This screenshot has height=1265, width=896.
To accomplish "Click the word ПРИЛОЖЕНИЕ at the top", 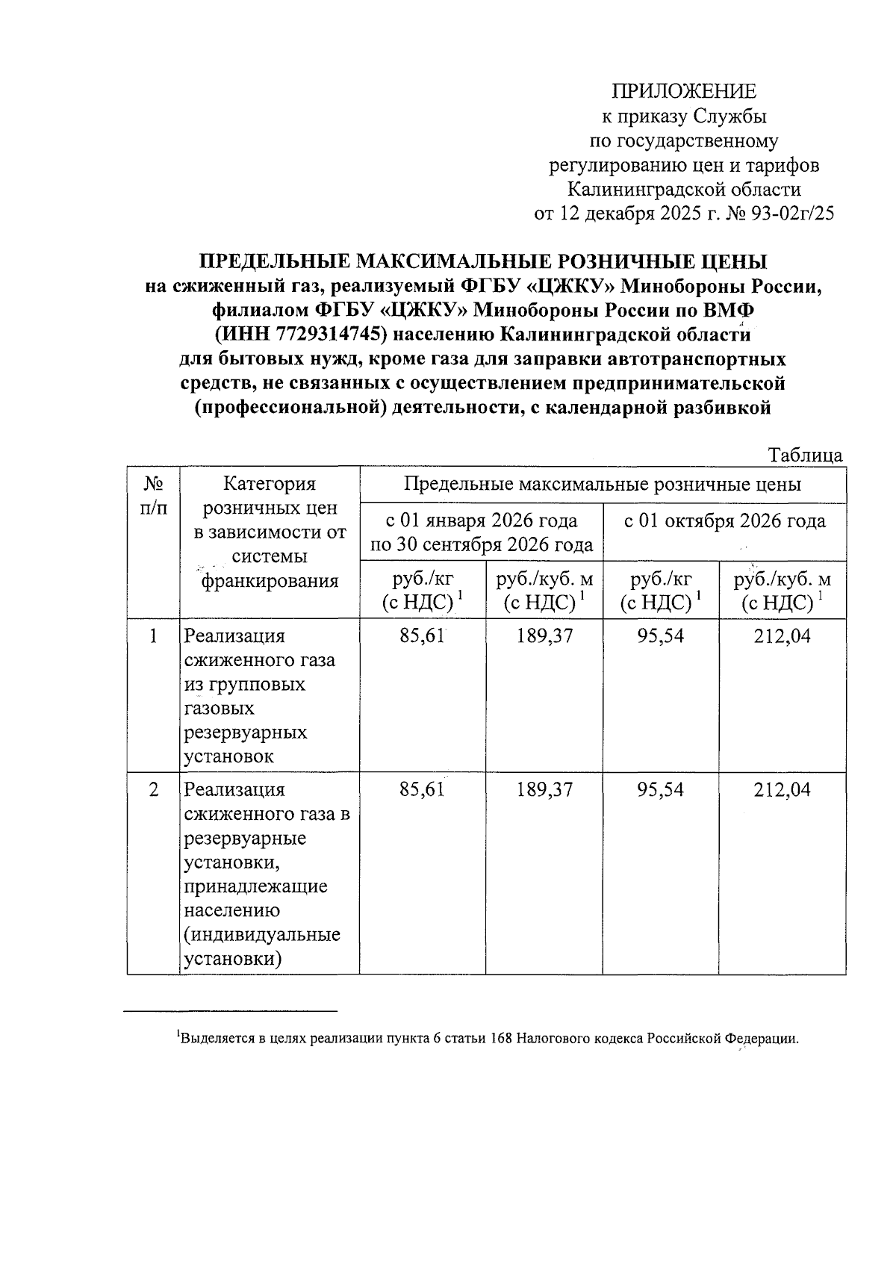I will pos(684,91).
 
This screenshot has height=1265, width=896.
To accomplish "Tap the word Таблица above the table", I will pos(805,455).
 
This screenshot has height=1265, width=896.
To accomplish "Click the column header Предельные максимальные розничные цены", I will pos(602,484).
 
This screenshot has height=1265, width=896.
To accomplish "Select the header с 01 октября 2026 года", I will pos(724,520).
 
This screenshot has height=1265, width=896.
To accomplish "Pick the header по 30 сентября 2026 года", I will pos(482,544).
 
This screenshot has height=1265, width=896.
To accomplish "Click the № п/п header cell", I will pos(153,496).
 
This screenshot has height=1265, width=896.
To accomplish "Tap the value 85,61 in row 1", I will pos(422,636).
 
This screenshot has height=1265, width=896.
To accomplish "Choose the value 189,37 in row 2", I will pos(544,789).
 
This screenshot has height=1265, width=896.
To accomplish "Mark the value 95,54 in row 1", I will pos(660,636).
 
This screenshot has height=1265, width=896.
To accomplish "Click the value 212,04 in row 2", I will pos(782,789).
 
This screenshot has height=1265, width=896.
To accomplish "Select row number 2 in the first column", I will pos(153,789).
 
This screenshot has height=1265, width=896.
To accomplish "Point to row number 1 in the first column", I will pos(153,636).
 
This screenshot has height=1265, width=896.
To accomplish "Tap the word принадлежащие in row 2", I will pos(256,886).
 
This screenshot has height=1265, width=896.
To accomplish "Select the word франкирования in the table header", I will pos(270,581).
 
